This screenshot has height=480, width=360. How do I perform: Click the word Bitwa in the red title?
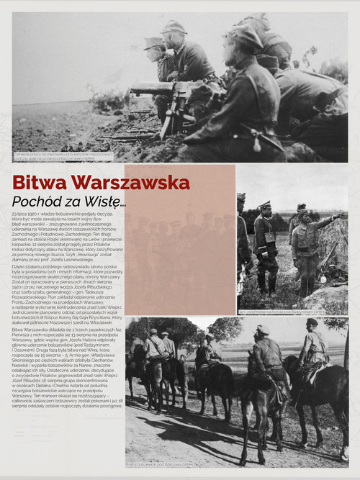pyautogui.click(x=42, y=182)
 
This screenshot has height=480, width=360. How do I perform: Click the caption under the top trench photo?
pyautogui.click(x=63, y=155)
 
